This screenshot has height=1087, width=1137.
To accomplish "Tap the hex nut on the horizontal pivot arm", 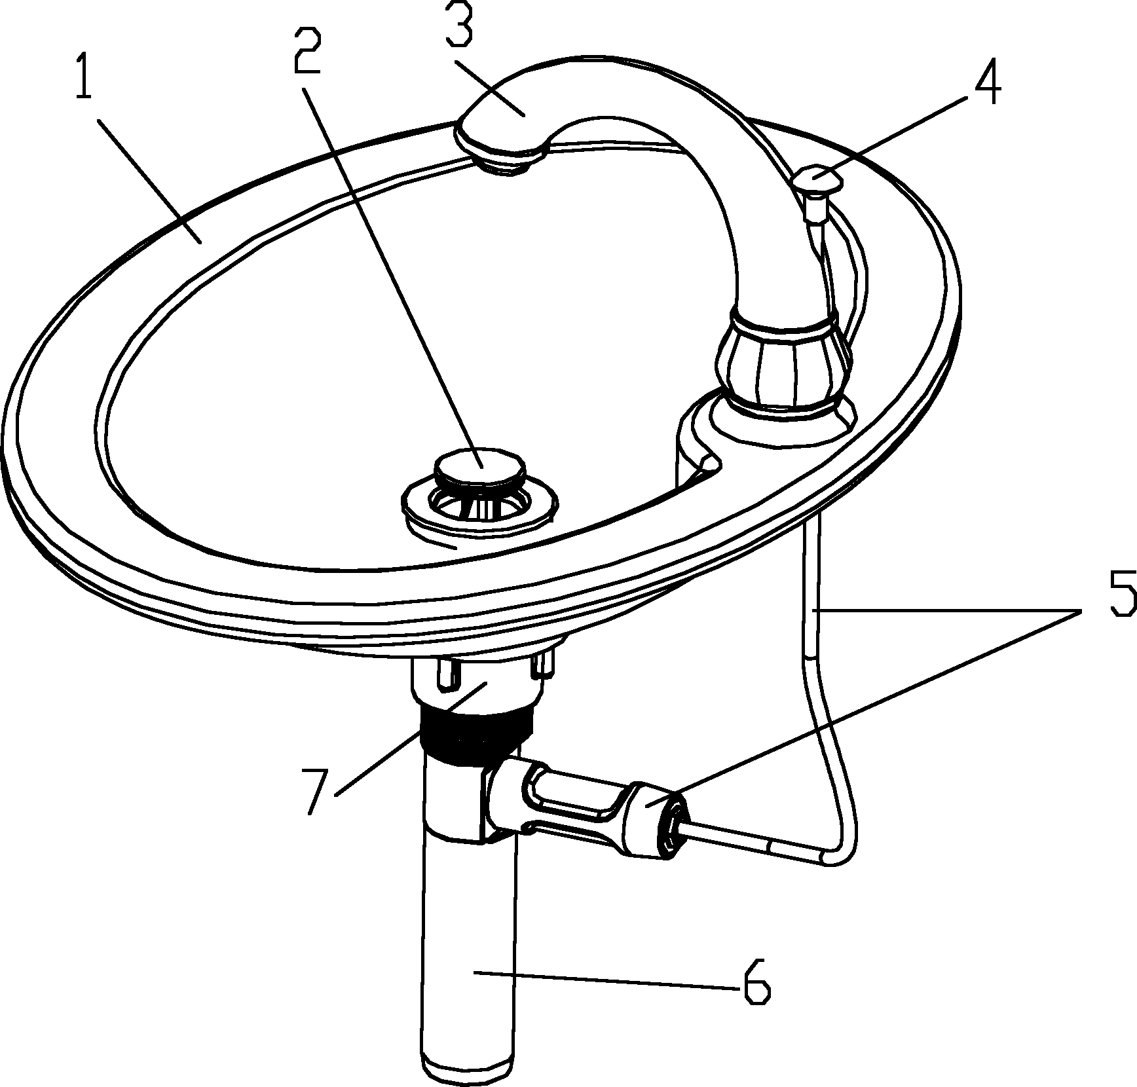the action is click(x=656, y=820).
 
